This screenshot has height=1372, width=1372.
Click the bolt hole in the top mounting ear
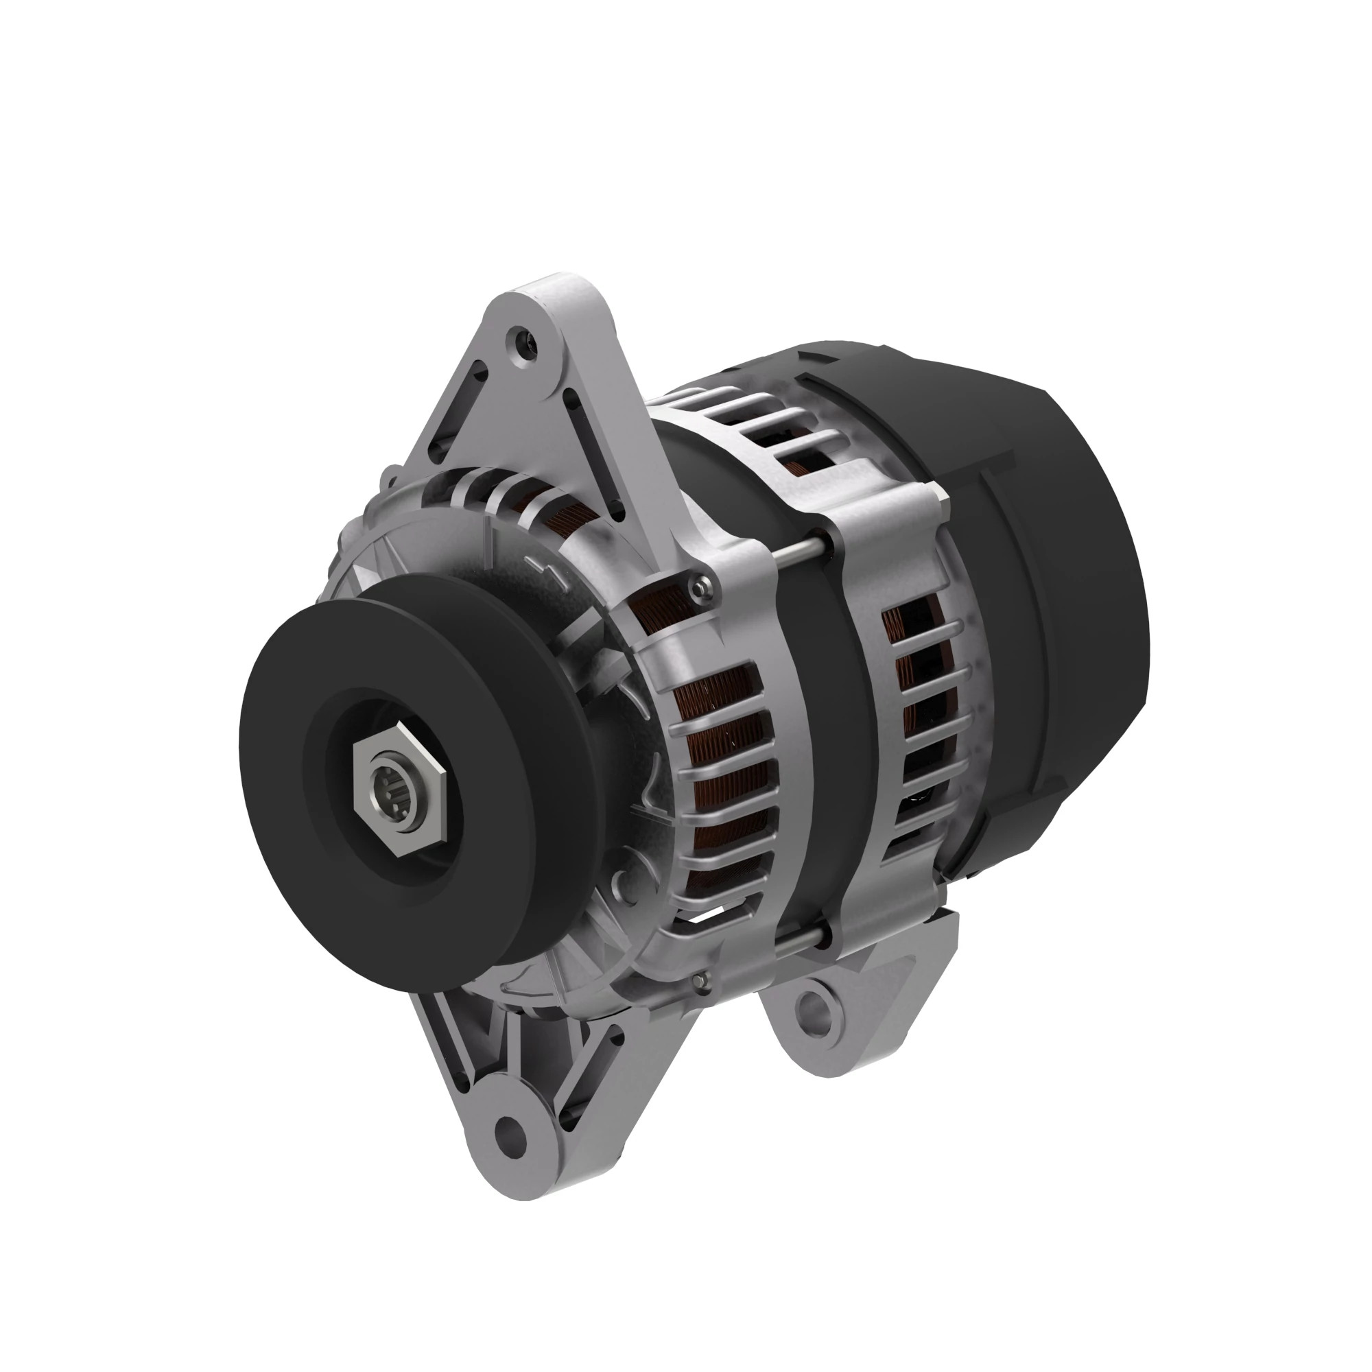coord(525,336)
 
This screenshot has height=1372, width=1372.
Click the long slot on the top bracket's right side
coord(593,447)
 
